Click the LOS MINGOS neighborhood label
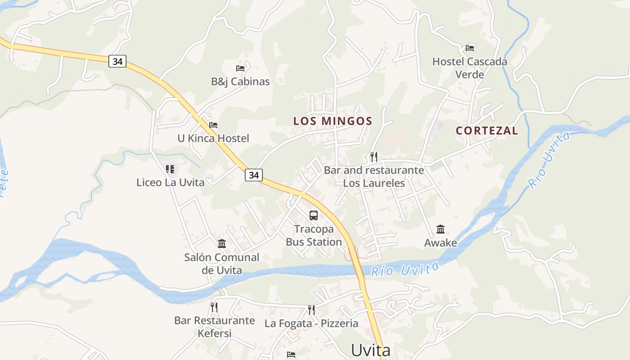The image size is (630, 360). tap(333, 121)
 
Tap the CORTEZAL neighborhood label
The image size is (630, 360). tap(487, 131)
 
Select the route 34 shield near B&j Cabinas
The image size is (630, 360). tap(117, 61)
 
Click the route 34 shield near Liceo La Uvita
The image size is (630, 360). tap(254, 175)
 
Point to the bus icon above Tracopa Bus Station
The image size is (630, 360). tap(314, 216)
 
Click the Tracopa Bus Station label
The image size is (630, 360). tap(314, 235)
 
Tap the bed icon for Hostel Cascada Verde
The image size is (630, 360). tap(470, 48)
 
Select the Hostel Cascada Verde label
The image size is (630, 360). tap(469, 68)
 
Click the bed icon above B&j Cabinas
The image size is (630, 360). tap(240, 68)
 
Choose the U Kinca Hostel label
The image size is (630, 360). tap(213, 138)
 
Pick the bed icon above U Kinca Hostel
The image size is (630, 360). tap(213, 125)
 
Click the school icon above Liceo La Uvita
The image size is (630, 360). tap(170, 169)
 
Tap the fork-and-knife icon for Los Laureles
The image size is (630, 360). tap(374, 157)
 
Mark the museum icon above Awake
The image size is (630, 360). tap(441, 229)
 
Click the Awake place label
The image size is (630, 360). tap(441, 243)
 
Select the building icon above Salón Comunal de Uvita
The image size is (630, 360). tap(222, 244)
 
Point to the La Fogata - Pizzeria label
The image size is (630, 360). tap(311, 324)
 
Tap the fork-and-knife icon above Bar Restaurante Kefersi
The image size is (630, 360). tap(214, 307)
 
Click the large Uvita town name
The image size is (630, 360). tap(370, 350)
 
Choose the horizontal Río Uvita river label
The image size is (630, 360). tap(405, 269)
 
